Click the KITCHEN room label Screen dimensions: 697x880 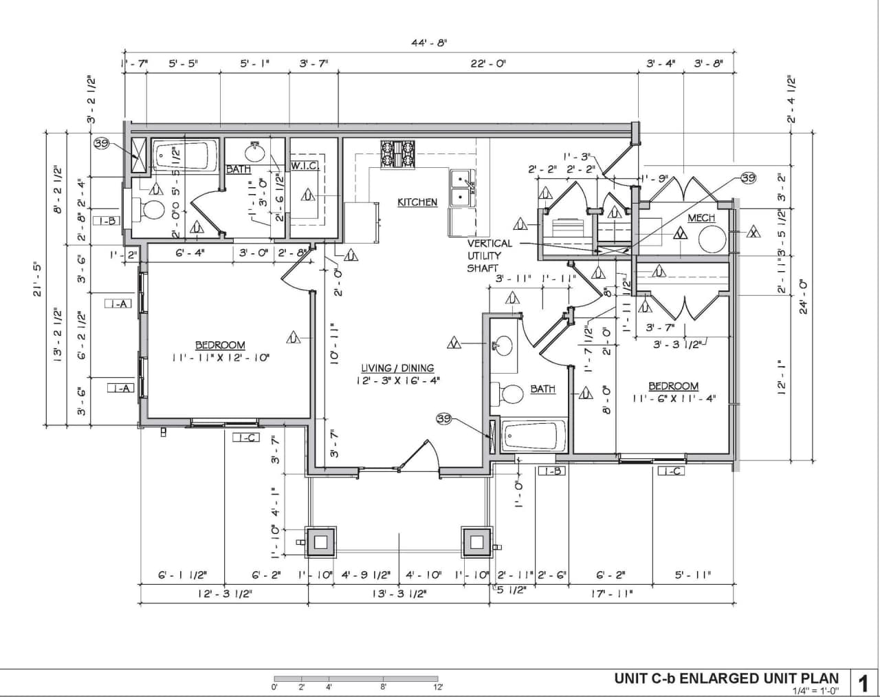pyautogui.click(x=417, y=202)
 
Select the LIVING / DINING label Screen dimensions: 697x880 pyautogui.click(x=398, y=368)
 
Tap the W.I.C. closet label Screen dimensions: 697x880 pyautogui.click(x=303, y=166)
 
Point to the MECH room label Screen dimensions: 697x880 pyautogui.click(x=701, y=218)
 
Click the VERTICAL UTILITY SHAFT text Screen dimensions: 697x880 pyautogui.click(x=489, y=255)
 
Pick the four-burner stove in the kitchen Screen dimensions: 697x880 pyautogui.click(x=399, y=154)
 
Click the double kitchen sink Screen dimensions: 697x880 pyautogui.click(x=461, y=188)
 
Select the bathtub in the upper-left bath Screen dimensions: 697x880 pyautogui.click(x=182, y=157)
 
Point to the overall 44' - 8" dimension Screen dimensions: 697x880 pyautogui.click(x=429, y=43)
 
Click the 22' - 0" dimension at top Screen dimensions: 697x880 pyautogui.click(x=488, y=63)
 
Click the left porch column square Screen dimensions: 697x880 pyautogui.click(x=320, y=541)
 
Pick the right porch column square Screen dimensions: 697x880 pyautogui.click(x=477, y=541)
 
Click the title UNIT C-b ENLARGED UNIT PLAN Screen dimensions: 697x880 pyautogui.click(x=727, y=678)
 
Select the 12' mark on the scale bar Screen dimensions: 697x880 pyautogui.click(x=437, y=687)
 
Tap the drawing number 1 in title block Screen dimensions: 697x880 pyautogui.click(x=864, y=683)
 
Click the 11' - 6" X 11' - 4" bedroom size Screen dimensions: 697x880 pyautogui.click(x=674, y=398)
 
